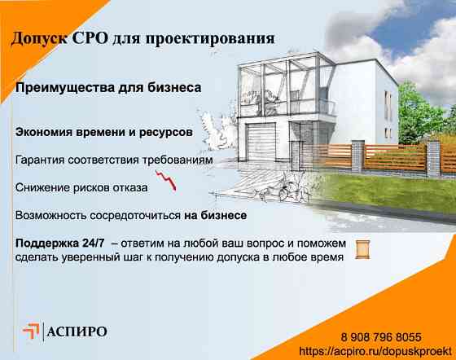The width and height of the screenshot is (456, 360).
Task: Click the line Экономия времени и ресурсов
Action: coord(103,130)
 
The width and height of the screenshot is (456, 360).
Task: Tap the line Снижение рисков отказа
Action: coord(81,188)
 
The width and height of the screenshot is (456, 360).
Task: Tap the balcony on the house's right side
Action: coord(326,108)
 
